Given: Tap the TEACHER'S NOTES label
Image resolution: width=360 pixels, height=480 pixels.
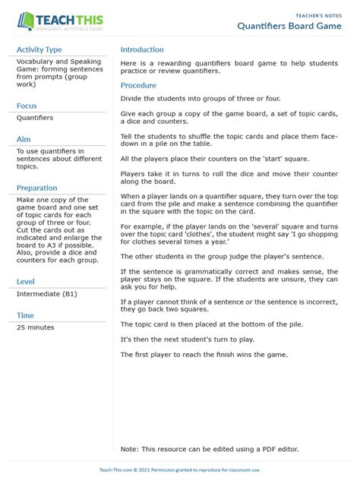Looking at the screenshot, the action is point(319,14).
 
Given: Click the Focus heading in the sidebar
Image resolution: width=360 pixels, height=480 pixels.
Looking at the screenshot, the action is point(27,106).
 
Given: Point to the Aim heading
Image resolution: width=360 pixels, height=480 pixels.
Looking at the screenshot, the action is point(23,139).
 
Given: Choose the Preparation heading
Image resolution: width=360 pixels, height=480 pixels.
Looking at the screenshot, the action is point(37,188).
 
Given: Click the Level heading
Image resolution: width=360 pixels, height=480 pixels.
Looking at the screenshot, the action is point(26,282).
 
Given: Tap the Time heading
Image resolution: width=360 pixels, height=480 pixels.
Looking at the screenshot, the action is point(25,315).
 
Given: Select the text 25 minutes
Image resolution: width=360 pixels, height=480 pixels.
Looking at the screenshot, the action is point(36,327).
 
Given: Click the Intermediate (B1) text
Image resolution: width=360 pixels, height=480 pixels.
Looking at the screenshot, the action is point(46,294).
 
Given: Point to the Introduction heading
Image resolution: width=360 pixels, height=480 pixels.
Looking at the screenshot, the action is point(142,49).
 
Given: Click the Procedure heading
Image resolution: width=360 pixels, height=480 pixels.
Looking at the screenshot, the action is point(138,86).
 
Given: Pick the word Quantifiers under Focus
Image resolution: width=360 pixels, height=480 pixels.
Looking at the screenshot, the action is point(35,118).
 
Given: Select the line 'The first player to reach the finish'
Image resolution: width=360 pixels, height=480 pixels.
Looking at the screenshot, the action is point(204,354).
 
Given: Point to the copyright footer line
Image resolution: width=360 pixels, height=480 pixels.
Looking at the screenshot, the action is point(180,470).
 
